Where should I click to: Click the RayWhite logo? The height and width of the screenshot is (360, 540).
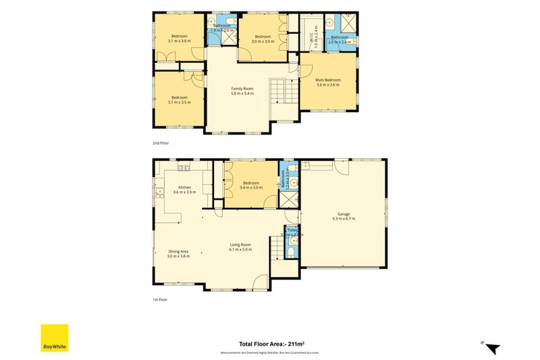pos(54,338)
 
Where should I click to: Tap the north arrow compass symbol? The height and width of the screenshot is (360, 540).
pos(493,348)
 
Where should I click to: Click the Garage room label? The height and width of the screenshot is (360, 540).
pos(344,214)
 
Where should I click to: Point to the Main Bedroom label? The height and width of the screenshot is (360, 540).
pos(328,80)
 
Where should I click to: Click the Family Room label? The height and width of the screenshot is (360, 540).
pos(242,88)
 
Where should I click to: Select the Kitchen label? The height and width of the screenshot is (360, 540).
pos(184,187)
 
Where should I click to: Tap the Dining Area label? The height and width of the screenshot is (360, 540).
pos(178,251)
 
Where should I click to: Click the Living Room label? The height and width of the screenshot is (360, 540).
pos(240,245)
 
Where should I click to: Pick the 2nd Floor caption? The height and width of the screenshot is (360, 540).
pos(160,143)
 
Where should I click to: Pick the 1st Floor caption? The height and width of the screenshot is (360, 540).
pos(159,299)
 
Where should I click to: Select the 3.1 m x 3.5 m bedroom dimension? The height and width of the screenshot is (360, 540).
pos(179,103)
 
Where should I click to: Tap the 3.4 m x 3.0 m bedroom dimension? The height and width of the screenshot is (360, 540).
pos(251,187)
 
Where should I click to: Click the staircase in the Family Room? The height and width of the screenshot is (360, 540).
pos(283,91)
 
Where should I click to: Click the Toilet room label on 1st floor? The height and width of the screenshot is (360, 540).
pos(292,230)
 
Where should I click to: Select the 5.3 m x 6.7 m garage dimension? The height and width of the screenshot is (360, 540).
pos(344,219)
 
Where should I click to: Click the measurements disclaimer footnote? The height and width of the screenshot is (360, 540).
pos(269,353)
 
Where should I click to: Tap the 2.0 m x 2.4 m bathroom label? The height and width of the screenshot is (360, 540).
pos(339,42)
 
